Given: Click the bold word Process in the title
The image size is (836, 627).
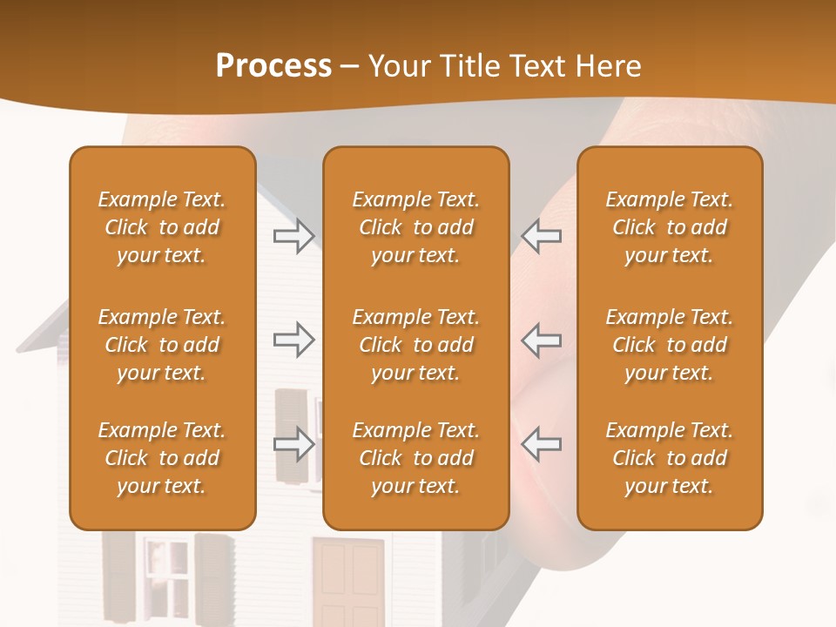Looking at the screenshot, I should coord(273,66).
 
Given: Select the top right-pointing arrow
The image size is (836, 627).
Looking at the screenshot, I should coord(293,236).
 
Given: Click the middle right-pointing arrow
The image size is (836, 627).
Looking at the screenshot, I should coord(293,340).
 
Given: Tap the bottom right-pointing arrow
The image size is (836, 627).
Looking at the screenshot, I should coord(293,443).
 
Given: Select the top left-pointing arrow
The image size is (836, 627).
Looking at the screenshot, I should coord(541,236).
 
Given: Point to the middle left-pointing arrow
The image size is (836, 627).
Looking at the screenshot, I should coord(541,340).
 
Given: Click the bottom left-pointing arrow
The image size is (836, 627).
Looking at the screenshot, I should coord(541,443).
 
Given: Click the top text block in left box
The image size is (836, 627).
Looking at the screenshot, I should coord(162,227).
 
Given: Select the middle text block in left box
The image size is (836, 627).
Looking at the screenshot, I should coord(162,345).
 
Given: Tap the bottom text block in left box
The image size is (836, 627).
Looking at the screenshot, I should coord(162,458).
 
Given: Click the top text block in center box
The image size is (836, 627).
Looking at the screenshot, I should coord(415,227).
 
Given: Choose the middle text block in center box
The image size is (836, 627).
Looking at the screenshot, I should coord(415,345).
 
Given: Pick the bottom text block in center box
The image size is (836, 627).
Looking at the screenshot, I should coord(415,458).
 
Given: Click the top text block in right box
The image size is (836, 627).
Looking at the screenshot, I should coord(669,227).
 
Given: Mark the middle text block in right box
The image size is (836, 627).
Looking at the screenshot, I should coord(669,345).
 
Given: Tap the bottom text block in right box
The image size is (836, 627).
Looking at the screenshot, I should coord(669,458).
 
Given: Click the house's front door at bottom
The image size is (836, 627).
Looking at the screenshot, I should coord(347,579).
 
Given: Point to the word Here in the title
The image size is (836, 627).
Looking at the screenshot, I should coord(609,66).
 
